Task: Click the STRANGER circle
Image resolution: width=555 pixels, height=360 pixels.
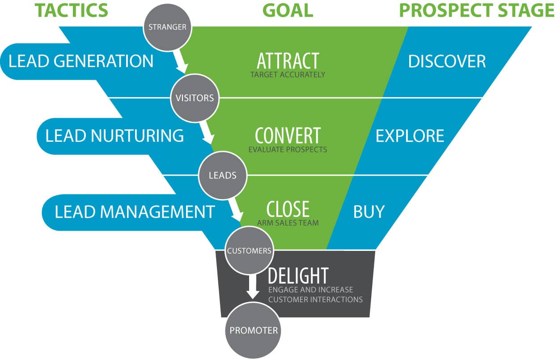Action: point(168,27)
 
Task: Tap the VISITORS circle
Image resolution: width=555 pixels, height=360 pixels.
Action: point(195,98)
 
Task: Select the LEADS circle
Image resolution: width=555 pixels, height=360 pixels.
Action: point(223,175)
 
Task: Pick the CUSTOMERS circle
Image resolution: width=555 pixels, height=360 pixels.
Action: point(249,250)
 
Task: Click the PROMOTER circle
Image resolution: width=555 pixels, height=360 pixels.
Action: point(253,330)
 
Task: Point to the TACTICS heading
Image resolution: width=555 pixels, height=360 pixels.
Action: point(72,10)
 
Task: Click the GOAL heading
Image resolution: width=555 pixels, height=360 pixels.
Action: point(288,10)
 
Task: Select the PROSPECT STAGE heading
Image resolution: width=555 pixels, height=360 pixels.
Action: point(477,10)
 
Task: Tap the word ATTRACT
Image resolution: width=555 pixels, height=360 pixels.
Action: point(288,61)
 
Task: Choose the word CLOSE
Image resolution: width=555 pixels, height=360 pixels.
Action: point(288,209)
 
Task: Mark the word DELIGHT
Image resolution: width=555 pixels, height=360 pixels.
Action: point(298,275)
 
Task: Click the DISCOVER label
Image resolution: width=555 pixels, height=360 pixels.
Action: point(447,61)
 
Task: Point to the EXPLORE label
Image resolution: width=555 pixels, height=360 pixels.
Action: point(410,136)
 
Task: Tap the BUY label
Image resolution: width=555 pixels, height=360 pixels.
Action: point(369,212)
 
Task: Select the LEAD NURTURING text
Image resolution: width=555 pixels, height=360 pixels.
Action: point(114,136)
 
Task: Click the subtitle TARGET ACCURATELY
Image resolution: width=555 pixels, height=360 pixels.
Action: point(288,75)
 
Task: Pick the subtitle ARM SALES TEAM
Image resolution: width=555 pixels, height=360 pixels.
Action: point(288,223)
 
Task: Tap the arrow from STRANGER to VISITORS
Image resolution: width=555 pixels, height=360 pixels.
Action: point(180,61)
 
